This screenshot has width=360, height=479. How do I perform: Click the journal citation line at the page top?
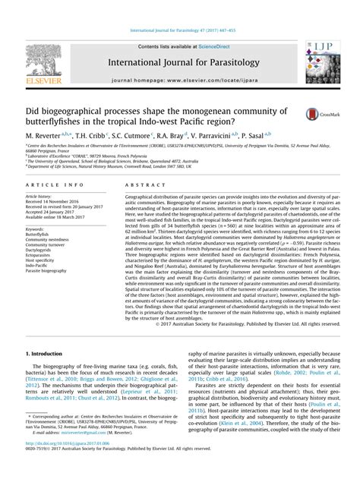click(179, 8)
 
